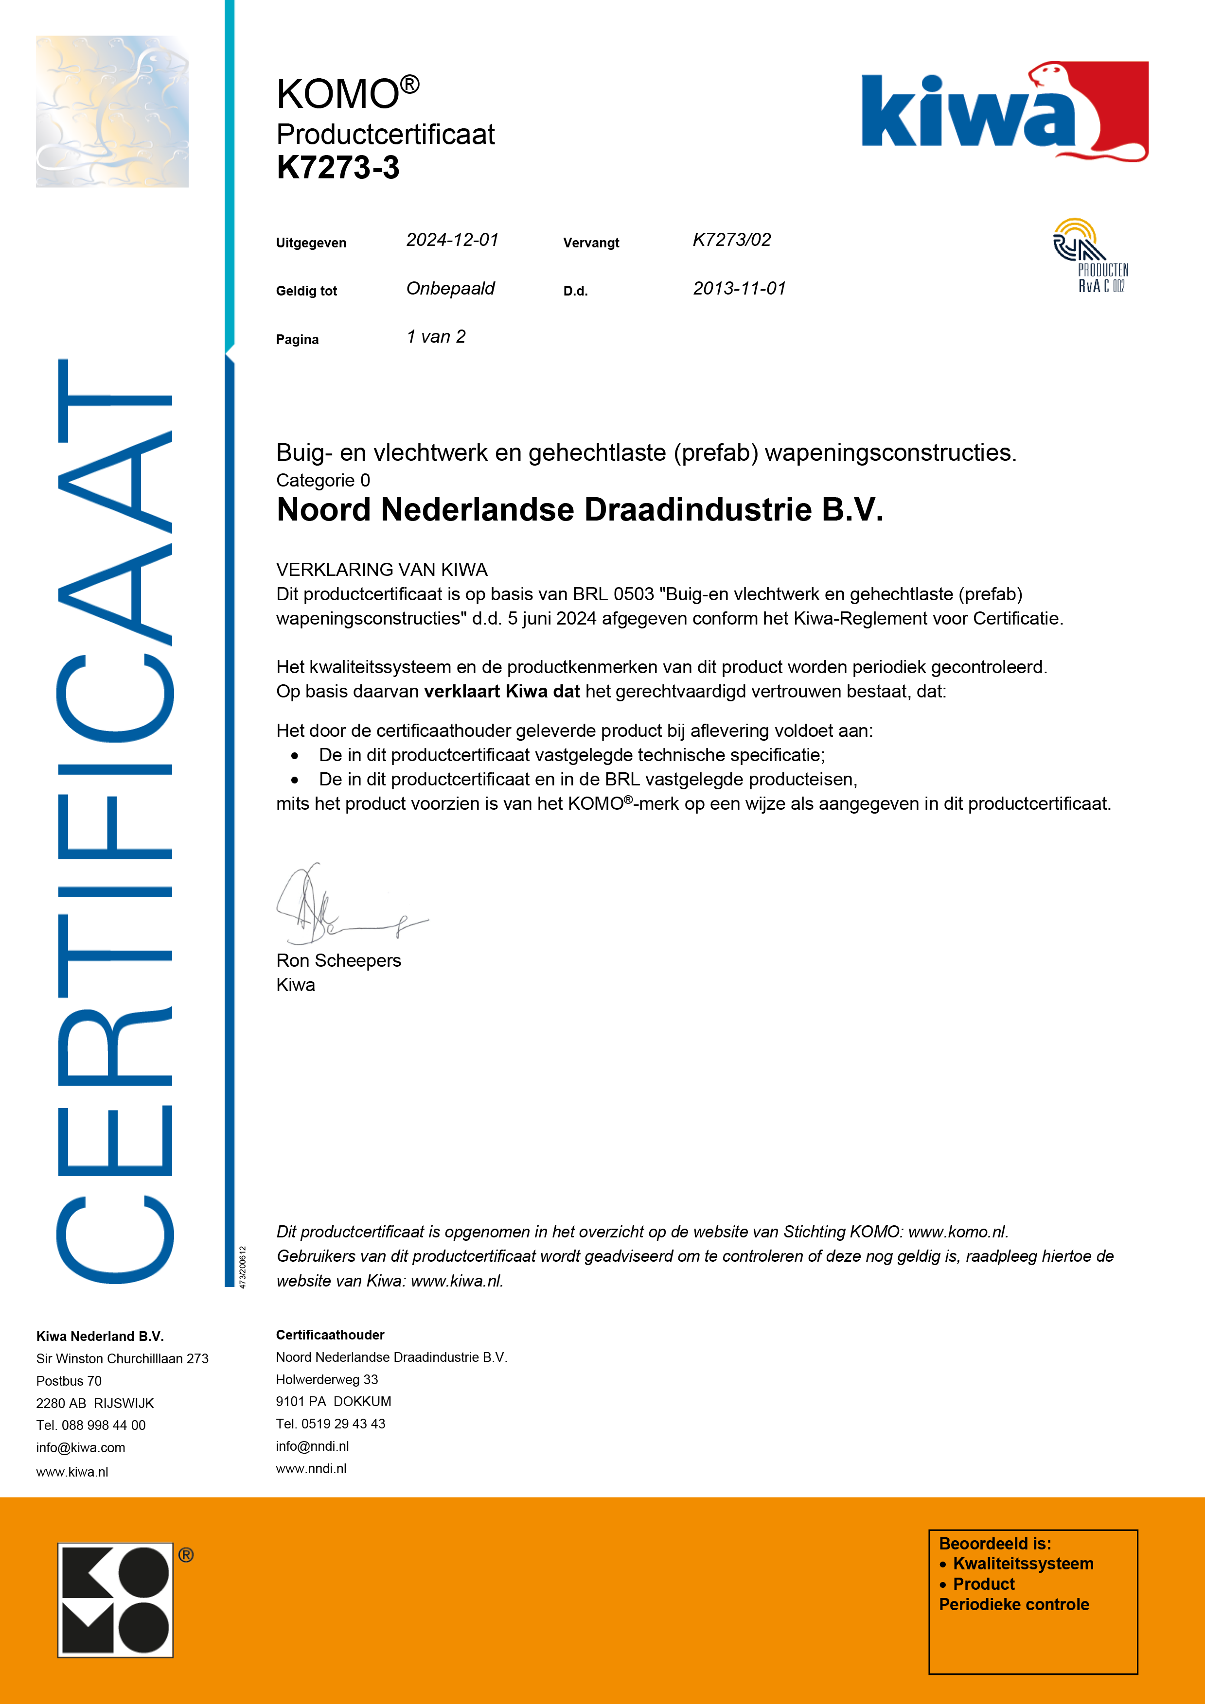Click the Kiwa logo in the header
1003,111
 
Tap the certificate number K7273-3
338,168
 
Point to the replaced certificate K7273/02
731,240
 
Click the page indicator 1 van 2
436,337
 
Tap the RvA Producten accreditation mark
1090,256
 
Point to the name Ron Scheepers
338,960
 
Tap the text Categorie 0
323,480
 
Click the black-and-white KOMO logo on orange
116,1600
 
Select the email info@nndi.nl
312,1446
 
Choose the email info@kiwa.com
80,1447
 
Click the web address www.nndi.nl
311,1468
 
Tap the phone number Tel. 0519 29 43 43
330,1424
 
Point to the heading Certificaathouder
330,1335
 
